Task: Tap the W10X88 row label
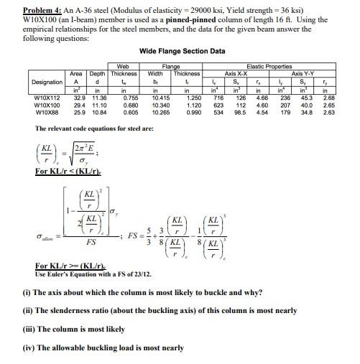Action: coord(47,112)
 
